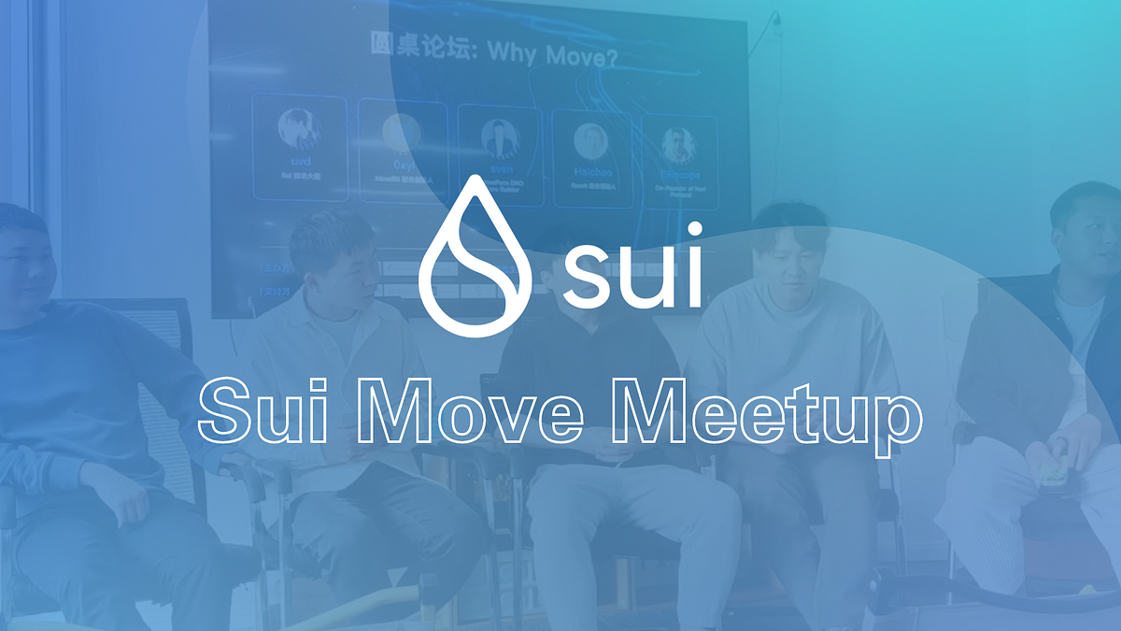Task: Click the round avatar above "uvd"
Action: click(299, 129)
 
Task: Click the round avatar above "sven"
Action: click(500, 138)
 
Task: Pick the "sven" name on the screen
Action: click(500, 170)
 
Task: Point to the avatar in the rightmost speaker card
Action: click(679, 144)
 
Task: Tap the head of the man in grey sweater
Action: click(789, 248)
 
